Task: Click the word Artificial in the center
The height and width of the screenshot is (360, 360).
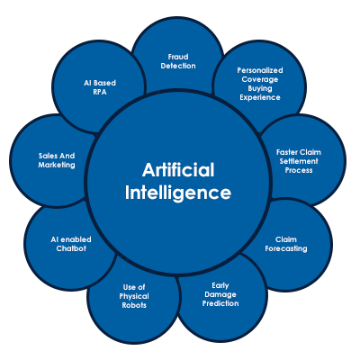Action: pyautogui.click(x=178, y=170)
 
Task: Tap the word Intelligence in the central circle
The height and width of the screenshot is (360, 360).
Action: pyautogui.click(x=178, y=193)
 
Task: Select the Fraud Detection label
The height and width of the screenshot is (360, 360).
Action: pyautogui.click(x=178, y=61)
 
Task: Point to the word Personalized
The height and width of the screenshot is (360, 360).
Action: pyautogui.click(x=260, y=71)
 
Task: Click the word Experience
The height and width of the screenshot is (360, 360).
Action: pyautogui.click(x=260, y=98)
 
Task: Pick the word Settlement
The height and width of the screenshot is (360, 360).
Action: pyautogui.click(x=299, y=161)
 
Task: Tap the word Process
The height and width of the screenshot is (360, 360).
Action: pyautogui.click(x=299, y=170)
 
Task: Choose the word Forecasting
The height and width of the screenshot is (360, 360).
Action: pyautogui.click(x=286, y=248)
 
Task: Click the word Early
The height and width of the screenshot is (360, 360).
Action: pyautogui.click(x=220, y=285)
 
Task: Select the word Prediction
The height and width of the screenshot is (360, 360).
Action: pyautogui.click(x=220, y=303)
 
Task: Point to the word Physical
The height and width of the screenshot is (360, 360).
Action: pyautogui.click(x=134, y=296)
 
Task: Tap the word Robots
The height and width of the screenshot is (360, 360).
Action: pyautogui.click(x=134, y=305)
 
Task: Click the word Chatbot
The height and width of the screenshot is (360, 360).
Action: pyautogui.click(x=71, y=248)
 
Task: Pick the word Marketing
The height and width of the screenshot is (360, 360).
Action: pyautogui.click(x=57, y=165)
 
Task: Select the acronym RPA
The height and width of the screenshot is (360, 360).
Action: pyautogui.click(x=100, y=92)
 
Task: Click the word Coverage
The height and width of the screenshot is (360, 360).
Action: pyautogui.click(x=260, y=80)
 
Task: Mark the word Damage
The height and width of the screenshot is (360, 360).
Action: pyautogui.click(x=220, y=294)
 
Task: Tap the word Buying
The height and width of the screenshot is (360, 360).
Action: pyautogui.click(x=260, y=89)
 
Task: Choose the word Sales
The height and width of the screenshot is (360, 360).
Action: pyautogui.click(x=48, y=156)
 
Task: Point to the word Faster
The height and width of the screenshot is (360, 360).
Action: pyautogui.click(x=286, y=152)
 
